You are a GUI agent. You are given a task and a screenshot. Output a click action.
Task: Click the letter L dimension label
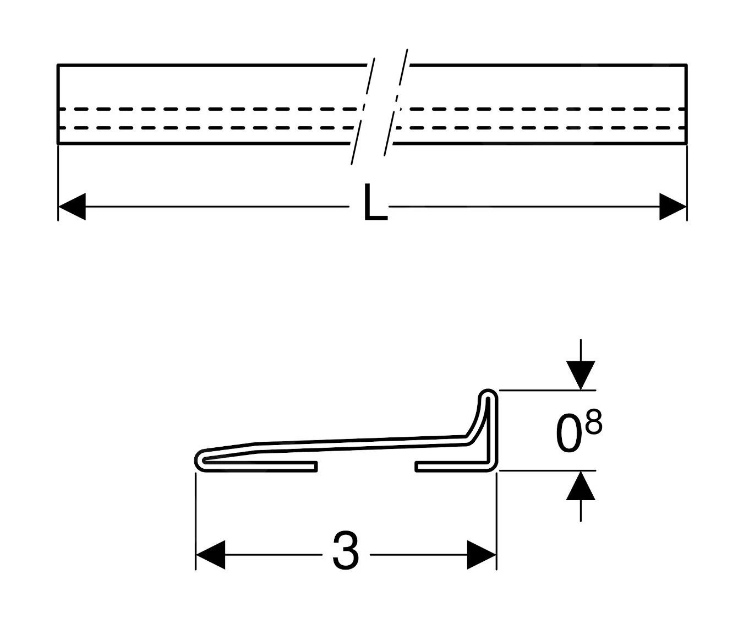tap(375, 203)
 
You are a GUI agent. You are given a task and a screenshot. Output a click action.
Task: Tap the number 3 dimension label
tap(346, 550)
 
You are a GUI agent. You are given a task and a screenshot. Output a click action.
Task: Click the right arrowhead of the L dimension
tap(673, 207)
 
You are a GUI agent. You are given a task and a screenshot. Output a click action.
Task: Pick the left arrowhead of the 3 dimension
tap(211, 554)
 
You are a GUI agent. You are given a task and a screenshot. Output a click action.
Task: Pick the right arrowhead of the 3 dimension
tap(482, 554)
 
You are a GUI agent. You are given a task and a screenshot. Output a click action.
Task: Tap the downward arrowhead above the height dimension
tap(581, 375)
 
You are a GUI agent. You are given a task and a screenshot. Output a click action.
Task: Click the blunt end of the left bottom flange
tap(315, 467)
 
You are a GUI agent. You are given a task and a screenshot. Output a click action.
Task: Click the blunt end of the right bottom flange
tap(418, 467)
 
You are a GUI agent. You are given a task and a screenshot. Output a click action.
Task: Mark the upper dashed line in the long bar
tap(220, 109)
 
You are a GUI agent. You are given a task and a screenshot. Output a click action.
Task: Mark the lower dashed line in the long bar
tap(220, 128)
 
